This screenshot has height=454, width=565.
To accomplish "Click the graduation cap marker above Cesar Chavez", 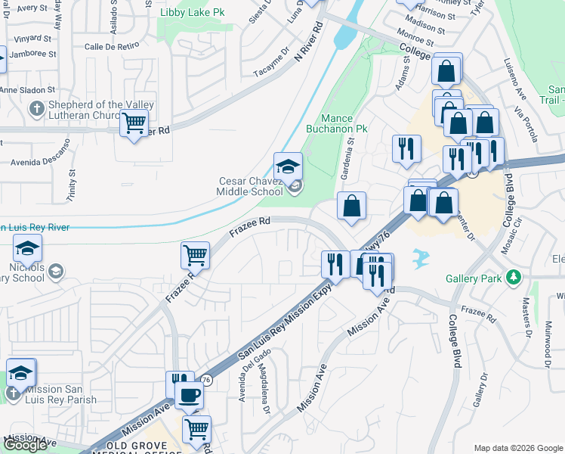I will point(288,166).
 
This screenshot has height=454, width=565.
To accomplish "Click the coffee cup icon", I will point(189,393).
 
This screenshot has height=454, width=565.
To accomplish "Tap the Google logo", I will point(25,445).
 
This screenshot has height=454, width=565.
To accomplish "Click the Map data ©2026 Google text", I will point(518,448).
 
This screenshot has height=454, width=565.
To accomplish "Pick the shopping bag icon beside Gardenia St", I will point(351,206).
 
